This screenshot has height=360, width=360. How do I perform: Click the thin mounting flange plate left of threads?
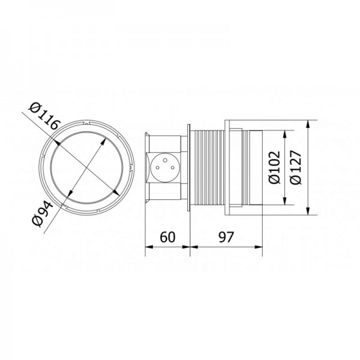(x=190, y=169)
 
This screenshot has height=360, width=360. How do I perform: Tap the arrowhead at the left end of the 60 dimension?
(x=149, y=245)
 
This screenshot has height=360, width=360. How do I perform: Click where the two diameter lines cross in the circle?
(x=85, y=169)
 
